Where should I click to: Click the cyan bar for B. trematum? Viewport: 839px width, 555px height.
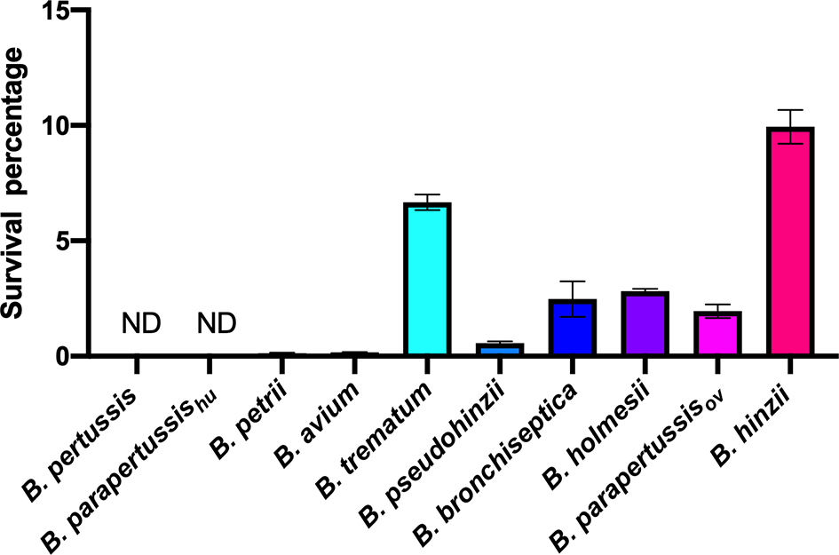tap(427, 280)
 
